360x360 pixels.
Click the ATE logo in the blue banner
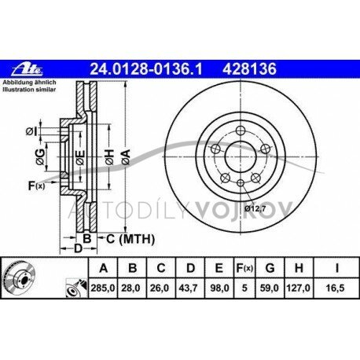click(27, 69)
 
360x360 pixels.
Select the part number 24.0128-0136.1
click(146, 69)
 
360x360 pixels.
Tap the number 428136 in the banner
click(249, 69)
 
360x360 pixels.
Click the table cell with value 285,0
click(103, 288)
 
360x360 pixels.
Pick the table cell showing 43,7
click(190, 288)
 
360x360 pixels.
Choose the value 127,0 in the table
click(299, 288)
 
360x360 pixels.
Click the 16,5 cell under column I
click(336, 288)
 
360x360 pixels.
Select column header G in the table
click(270, 268)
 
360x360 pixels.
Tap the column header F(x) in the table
click(244, 268)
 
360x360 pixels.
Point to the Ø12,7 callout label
click(255, 209)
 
